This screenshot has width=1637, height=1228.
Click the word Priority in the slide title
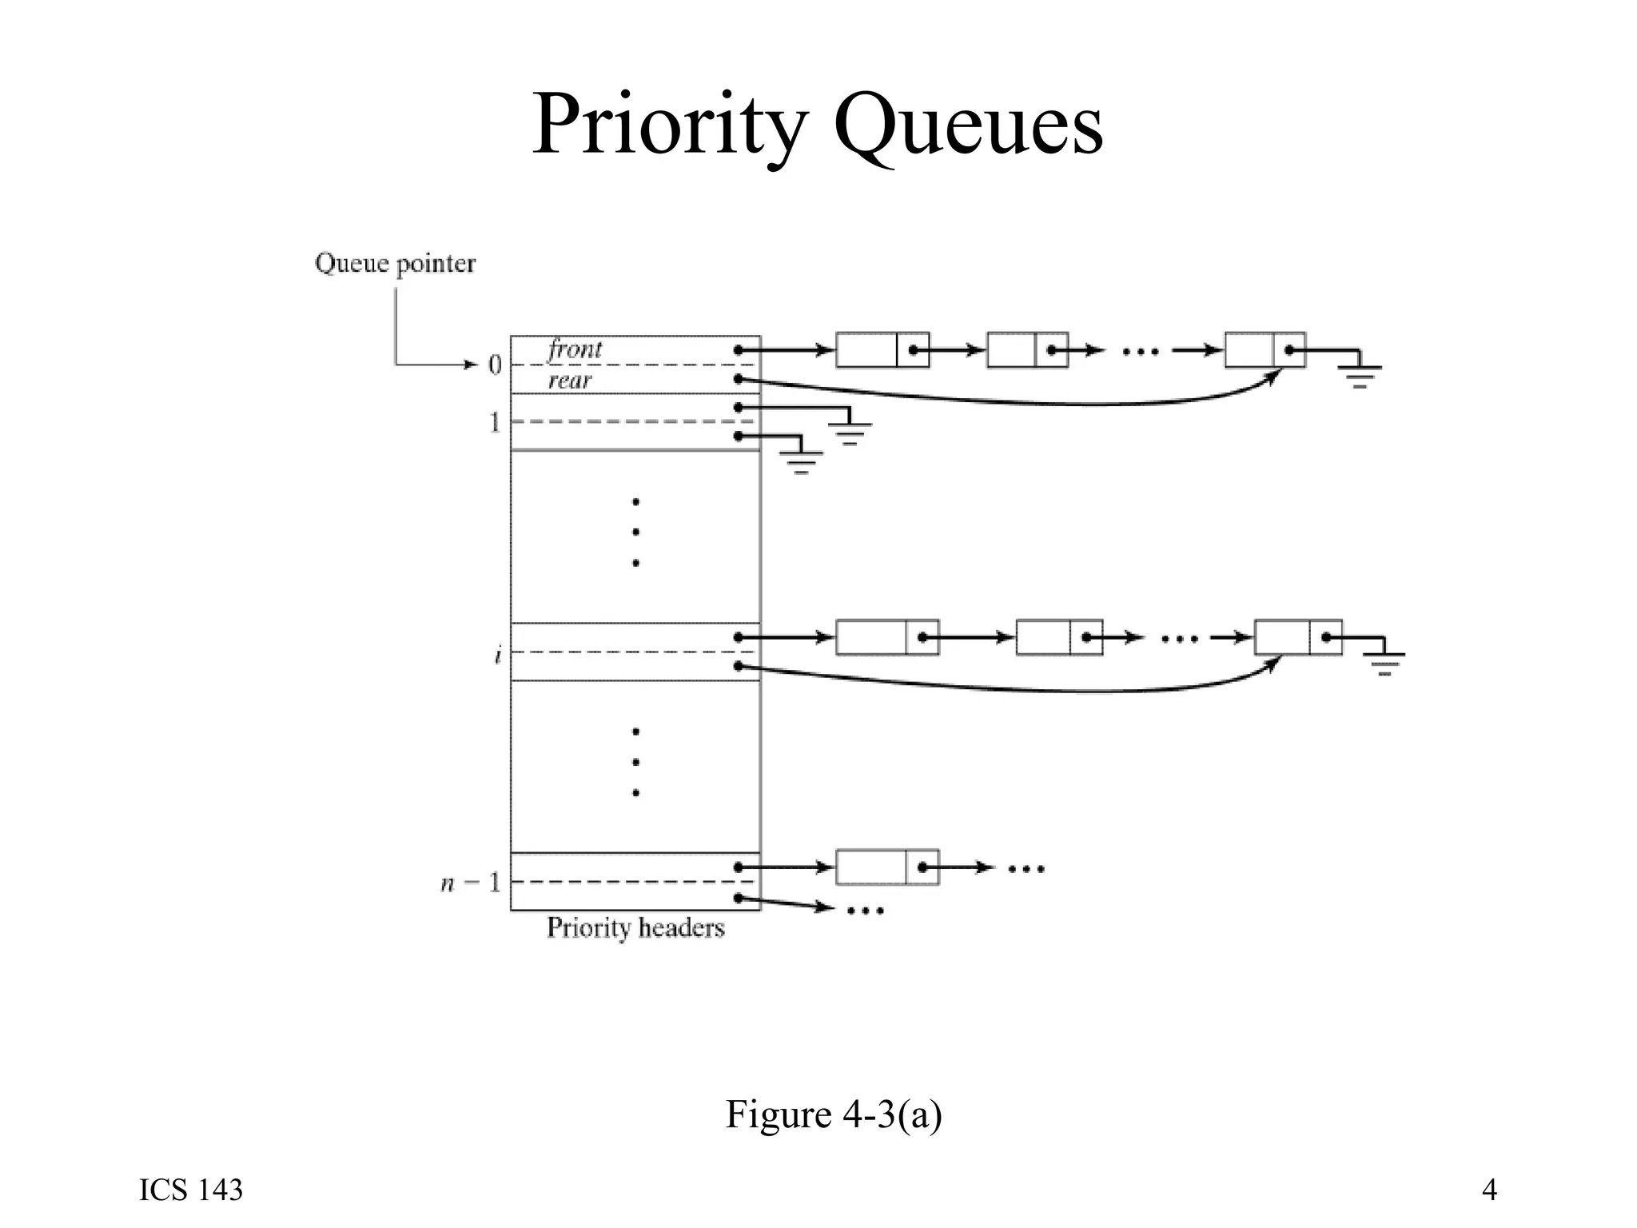click(670, 126)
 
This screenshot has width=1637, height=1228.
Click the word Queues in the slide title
click(968, 126)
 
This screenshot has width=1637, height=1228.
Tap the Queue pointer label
click(395, 263)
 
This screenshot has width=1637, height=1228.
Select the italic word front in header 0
click(575, 349)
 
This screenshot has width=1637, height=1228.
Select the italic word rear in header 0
click(569, 381)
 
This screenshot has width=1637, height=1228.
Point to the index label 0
click(495, 365)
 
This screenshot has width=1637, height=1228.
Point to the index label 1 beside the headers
click(495, 422)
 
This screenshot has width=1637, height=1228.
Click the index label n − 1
click(471, 883)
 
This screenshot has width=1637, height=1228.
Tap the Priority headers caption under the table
click(635, 927)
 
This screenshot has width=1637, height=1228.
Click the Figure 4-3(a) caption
click(833, 1114)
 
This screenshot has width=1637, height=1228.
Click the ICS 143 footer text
click(191, 1190)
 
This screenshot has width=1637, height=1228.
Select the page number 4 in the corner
click(1489, 1190)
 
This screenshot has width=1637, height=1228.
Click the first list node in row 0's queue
click(882, 350)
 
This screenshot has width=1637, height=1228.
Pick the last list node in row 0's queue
click(1265, 350)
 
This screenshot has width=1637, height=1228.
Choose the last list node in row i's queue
click(1297, 637)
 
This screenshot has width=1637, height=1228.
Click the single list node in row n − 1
click(886, 867)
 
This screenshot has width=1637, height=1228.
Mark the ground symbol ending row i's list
click(1385, 662)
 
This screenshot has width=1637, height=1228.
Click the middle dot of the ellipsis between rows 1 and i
click(635, 532)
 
